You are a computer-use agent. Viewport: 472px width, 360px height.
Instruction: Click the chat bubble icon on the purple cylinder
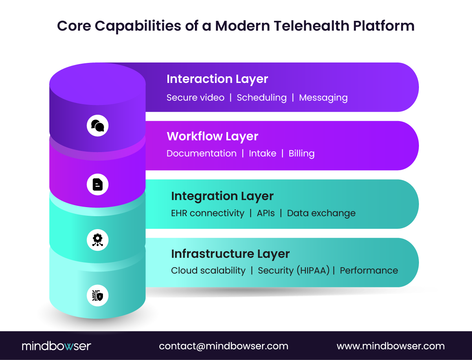tap(97, 126)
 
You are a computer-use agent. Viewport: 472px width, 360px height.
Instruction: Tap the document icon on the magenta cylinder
tap(97, 184)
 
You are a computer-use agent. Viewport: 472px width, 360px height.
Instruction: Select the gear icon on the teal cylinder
tap(97, 239)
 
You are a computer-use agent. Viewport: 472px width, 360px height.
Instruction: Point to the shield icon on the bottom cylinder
tap(97, 295)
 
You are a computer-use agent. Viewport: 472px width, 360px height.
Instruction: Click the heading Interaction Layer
tap(217, 79)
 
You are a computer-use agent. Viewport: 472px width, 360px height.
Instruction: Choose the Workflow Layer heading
tap(212, 136)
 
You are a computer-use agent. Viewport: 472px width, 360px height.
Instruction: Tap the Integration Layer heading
tap(222, 196)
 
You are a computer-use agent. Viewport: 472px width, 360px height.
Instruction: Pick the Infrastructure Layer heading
tap(230, 254)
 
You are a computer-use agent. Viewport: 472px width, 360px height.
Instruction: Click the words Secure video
tap(195, 97)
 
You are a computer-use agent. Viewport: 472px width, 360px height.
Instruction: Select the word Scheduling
tap(261, 97)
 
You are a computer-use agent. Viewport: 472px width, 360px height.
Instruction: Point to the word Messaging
tap(323, 97)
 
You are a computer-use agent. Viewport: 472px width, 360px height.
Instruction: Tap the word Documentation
tap(201, 153)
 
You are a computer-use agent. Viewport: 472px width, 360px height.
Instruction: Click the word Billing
tap(301, 153)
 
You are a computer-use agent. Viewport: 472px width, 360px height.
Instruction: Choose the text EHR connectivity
tap(208, 213)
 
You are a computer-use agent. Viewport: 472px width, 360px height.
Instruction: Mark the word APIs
tap(266, 213)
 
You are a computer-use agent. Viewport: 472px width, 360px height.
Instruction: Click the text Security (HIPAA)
tap(294, 270)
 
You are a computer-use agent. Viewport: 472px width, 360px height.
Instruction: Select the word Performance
tap(369, 270)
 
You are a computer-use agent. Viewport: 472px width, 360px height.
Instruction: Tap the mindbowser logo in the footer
tap(56, 346)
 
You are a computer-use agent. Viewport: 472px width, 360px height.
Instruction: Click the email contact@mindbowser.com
tap(224, 346)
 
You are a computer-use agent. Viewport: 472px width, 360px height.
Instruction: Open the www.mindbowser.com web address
tap(391, 346)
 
